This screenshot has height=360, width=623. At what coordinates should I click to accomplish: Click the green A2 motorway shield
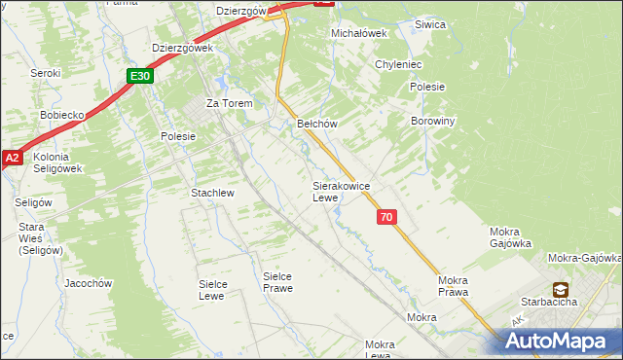pos(12,158)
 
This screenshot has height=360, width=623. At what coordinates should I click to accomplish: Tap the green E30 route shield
pos(139,76)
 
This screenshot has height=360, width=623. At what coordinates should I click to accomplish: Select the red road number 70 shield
pos(386,218)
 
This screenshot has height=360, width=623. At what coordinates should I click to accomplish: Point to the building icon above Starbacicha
pos(561,289)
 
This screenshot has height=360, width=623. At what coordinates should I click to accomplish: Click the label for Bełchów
pos(316,124)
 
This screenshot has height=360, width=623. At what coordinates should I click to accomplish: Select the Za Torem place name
pos(229,103)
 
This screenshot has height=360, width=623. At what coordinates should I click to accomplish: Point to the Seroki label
pos(46,73)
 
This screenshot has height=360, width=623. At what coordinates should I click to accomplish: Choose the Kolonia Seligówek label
pos(56,162)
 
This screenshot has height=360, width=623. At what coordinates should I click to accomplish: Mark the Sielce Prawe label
pos(278,282)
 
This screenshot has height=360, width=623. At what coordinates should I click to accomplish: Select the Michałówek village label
pos(359,32)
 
